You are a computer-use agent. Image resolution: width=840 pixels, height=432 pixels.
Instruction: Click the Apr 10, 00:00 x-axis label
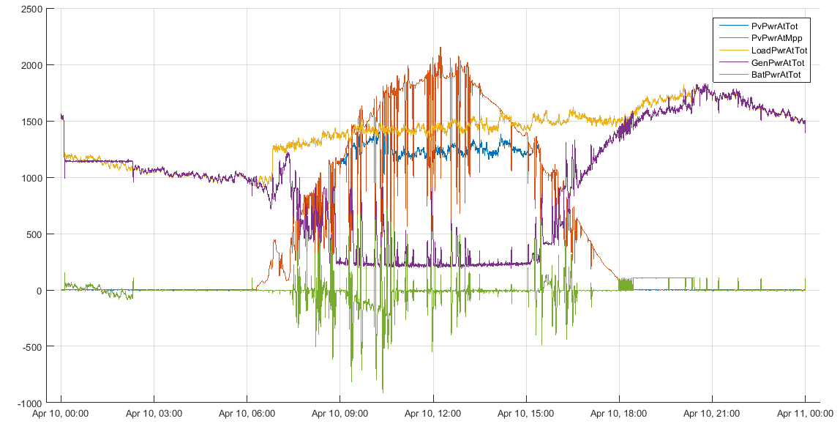click(x=61, y=414)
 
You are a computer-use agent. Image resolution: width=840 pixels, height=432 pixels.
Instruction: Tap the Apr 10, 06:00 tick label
click(x=247, y=414)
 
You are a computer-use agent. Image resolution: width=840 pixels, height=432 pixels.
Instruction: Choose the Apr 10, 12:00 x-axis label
click(x=433, y=414)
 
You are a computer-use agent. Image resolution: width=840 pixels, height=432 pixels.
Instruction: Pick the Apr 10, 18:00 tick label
click(x=619, y=414)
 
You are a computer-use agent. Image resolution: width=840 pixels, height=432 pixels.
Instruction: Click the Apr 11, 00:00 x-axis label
click(x=805, y=414)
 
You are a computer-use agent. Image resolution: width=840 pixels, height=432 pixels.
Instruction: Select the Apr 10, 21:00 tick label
click(x=712, y=414)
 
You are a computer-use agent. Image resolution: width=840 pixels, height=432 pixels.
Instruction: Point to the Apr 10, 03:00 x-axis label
click(x=154, y=414)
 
